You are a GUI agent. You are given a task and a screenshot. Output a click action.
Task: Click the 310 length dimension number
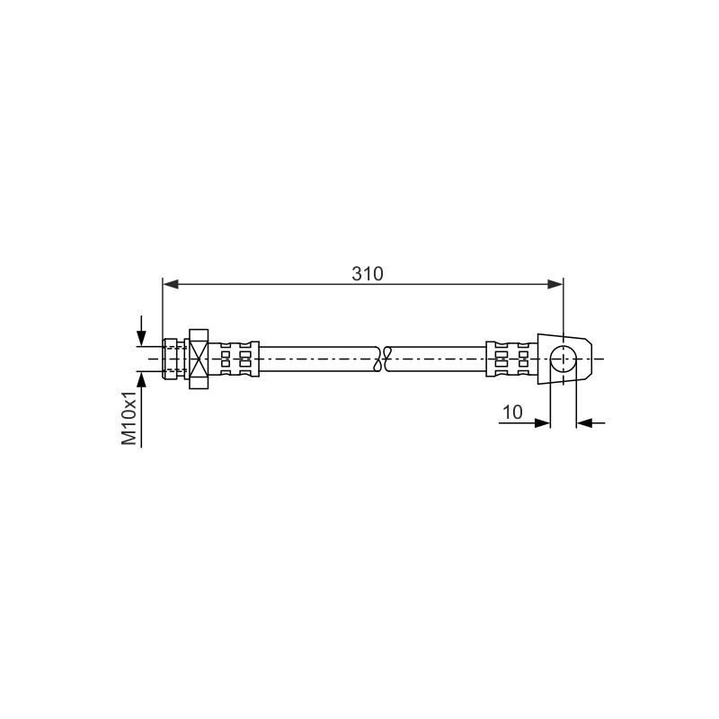click(367, 274)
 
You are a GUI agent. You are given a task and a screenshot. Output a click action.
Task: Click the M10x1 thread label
click(129, 418)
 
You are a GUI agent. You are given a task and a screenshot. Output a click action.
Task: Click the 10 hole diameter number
click(512, 413)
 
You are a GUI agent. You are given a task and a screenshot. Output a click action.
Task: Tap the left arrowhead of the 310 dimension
click(171, 284)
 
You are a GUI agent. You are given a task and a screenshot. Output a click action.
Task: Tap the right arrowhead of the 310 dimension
click(555, 284)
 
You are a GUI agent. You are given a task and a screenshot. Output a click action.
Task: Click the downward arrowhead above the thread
click(142, 339)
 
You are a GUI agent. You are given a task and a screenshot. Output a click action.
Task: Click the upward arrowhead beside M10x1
click(142, 379)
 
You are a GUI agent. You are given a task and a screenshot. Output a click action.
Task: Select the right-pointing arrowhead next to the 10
click(542, 422)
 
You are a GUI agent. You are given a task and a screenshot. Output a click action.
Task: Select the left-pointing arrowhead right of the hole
click(584, 422)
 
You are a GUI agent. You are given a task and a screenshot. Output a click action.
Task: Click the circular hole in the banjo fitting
click(564, 359)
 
